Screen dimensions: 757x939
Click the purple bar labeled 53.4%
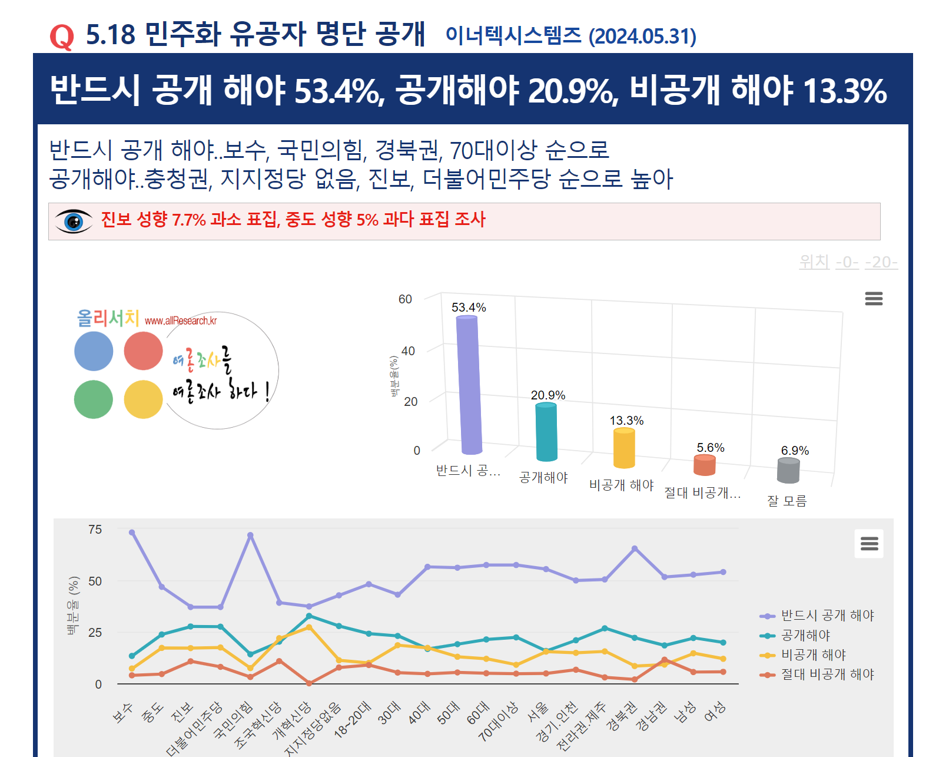pyautogui.click(x=469, y=386)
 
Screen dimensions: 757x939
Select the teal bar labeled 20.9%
pyautogui.click(x=546, y=432)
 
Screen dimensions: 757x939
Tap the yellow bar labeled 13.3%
pyautogui.click(x=624, y=448)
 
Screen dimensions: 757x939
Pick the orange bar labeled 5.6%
pyautogui.click(x=704, y=465)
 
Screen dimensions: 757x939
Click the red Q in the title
pyautogui.click(x=62, y=37)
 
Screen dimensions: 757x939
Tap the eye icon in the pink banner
pyautogui.click(x=74, y=222)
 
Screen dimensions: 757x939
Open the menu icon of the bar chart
pyautogui.click(x=874, y=299)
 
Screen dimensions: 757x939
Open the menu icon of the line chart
pyautogui.click(x=869, y=543)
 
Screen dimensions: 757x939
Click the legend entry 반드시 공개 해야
pyautogui.click(x=827, y=616)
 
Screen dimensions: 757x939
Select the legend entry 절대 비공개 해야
pyautogui.click(x=827, y=674)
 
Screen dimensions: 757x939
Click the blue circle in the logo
pyautogui.click(x=94, y=351)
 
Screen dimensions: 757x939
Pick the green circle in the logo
pyautogui.click(x=94, y=399)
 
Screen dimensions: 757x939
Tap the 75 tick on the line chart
pyautogui.click(x=95, y=530)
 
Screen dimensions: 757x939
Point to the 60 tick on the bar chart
pyautogui.click(x=405, y=299)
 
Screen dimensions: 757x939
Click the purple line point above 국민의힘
pyautogui.click(x=250, y=535)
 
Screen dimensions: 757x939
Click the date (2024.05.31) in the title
pyautogui.click(x=642, y=37)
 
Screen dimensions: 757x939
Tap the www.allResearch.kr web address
pyautogui.click(x=181, y=321)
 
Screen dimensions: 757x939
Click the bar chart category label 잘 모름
pyautogui.click(x=787, y=501)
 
